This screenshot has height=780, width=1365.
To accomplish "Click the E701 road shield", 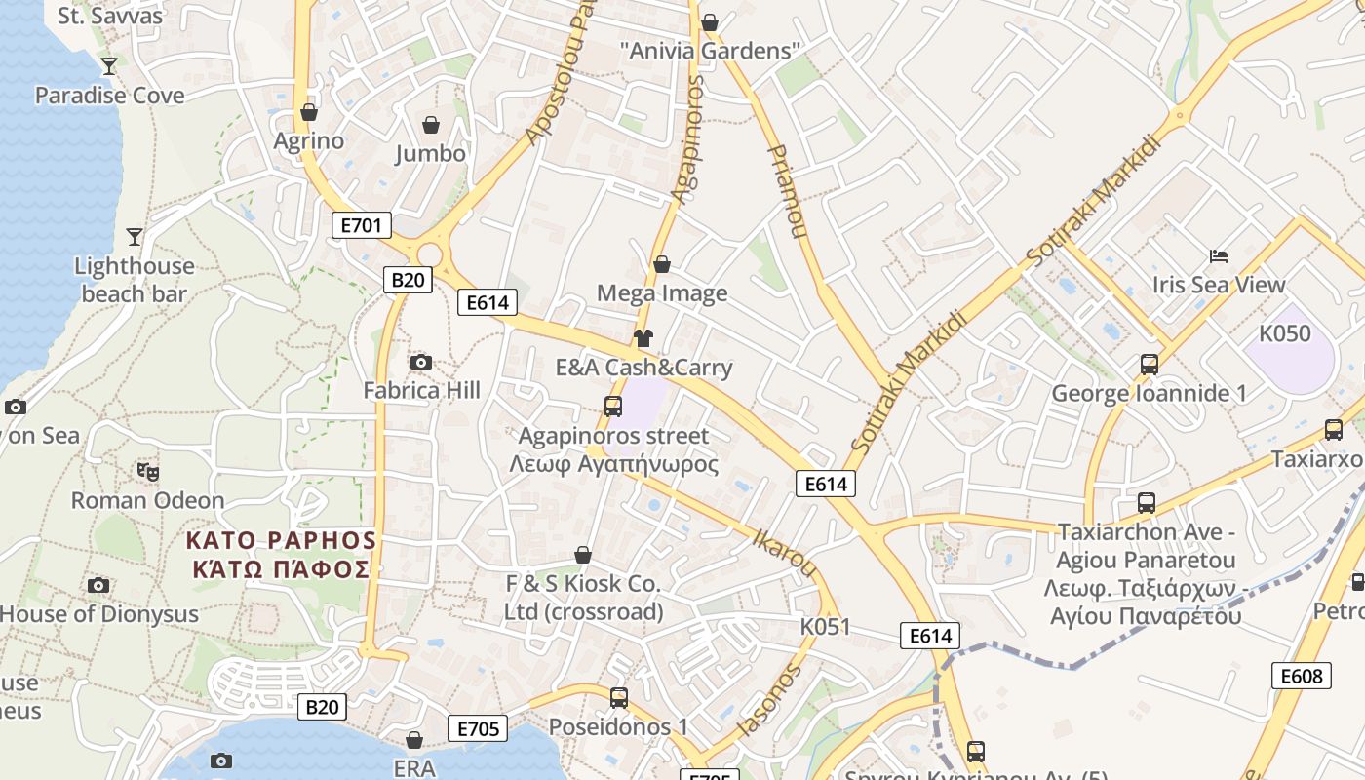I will point(361,226).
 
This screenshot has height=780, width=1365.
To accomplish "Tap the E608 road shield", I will point(1301,676).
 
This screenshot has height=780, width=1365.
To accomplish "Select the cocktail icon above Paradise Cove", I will point(109,66).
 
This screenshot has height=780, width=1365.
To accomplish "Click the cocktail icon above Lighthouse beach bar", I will point(135,237).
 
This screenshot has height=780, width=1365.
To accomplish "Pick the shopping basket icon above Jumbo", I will point(430,125).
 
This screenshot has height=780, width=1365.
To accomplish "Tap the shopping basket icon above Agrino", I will point(309,112).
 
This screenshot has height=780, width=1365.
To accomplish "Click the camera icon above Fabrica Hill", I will point(421,363).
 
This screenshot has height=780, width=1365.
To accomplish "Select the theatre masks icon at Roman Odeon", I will point(148,472).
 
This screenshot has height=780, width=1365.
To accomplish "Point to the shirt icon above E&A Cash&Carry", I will point(643,338).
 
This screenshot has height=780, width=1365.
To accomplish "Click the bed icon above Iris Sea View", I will point(1219,256).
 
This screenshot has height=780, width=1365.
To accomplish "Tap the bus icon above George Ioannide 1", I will point(1150,365).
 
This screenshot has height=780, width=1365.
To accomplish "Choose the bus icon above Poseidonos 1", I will point(618,697).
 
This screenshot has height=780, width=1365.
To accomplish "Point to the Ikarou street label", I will point(784,551).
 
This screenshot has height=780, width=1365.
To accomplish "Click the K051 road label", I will point(825,626).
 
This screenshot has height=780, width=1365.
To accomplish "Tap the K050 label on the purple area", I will point(1285,333).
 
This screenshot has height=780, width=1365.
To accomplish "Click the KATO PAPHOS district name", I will point(282,554).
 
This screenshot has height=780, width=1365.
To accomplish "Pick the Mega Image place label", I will point(662,293).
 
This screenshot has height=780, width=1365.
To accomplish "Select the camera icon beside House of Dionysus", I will point(98,585).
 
